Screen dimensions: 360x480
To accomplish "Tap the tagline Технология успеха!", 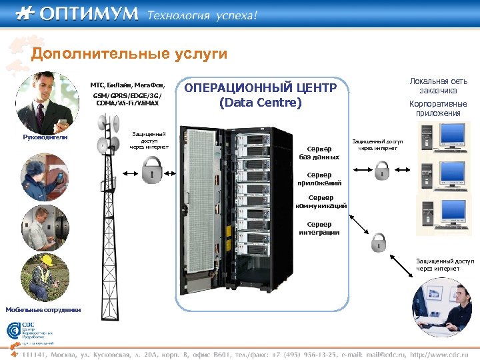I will (201, 15).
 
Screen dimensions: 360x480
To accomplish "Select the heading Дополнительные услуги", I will (129, 53).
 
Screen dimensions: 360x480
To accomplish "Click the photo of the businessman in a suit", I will (43, 103).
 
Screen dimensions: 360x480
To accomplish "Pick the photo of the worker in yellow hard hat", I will (45, 277).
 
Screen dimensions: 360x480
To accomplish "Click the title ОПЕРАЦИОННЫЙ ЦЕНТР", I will (260, 89).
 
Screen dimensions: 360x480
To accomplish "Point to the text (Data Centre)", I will (260, 103).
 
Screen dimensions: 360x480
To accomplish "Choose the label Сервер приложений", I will (321, 179).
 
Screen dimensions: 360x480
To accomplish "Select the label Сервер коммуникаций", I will (321, 202).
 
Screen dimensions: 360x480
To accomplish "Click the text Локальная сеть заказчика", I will (438, 85).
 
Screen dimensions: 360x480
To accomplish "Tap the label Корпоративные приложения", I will (438, 109).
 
